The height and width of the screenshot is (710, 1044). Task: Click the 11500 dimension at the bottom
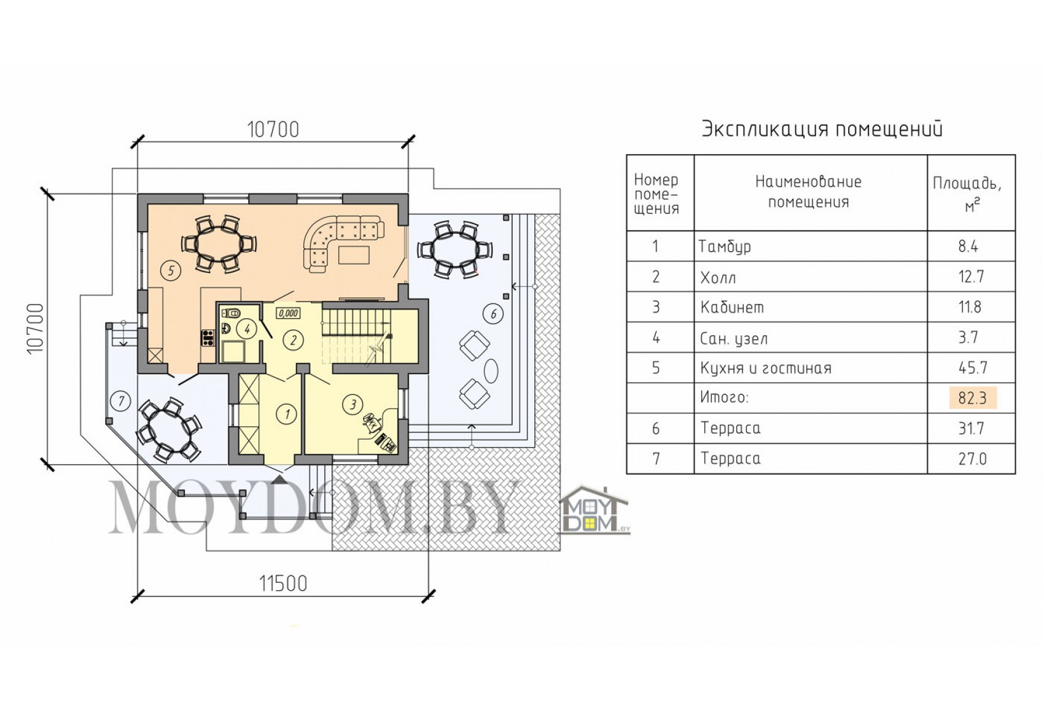coord(283,583)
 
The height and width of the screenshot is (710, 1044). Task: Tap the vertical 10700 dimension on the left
coord(36,329)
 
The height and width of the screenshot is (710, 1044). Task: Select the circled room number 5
coord(171,270)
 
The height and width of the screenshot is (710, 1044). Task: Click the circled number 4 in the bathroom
coord(247,329)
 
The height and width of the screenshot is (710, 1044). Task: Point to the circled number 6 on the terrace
coord(494,314)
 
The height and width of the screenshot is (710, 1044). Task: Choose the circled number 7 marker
coord(121,401)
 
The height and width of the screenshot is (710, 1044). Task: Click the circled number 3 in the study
coord(353,404)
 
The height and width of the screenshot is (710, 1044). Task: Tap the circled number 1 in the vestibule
coord(287,413)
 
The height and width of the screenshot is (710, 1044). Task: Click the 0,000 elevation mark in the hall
coord(288,313)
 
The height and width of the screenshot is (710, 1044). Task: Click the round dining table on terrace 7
coord(169,431)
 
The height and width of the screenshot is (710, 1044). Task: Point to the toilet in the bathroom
coord(229,313)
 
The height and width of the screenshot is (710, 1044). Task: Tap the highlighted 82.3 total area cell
coord(973,398)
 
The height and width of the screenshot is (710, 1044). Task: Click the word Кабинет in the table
coord(732,308)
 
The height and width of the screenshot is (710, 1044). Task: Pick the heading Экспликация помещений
coord(822,129)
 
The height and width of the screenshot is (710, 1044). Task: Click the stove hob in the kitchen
coord(208,338)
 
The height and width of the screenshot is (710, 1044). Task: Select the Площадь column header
coord(967,184)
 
